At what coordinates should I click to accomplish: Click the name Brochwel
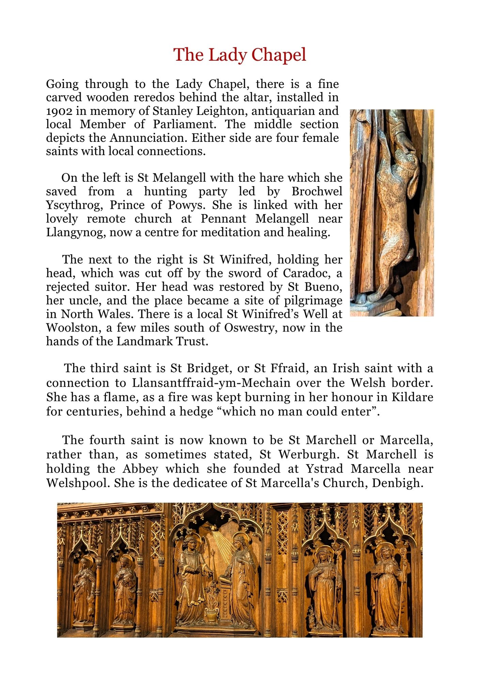coord(317,192)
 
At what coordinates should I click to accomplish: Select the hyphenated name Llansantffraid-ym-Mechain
coord(211,383)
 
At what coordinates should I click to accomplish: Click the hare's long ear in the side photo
coord(414,177)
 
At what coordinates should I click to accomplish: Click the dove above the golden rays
coord(213,528)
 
